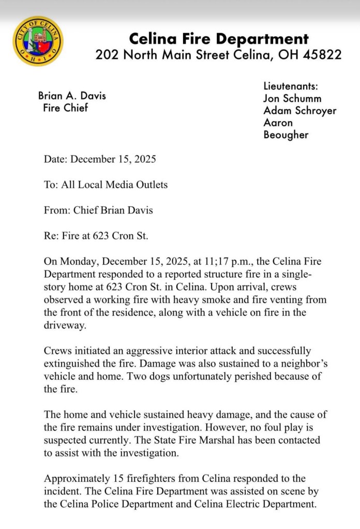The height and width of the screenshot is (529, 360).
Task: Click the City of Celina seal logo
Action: point(38,41)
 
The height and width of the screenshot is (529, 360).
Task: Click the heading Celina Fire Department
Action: point(218,38)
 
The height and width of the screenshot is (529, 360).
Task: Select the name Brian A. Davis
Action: point(72,96)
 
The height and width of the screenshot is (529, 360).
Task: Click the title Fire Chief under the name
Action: point(66,108)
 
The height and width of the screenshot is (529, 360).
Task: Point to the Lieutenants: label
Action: point(291,86)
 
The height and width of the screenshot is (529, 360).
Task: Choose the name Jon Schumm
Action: point(292,98)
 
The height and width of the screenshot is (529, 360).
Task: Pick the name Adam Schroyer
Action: point(300,111)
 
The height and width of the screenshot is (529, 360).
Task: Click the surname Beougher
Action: point(286,135)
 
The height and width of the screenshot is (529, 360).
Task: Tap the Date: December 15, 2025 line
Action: point(100,159)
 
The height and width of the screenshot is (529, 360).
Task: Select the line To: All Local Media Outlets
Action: point(106,185)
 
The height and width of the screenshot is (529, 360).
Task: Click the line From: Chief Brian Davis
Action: point(98,210)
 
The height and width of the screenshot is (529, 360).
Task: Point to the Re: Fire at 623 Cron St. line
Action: point(96,236)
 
